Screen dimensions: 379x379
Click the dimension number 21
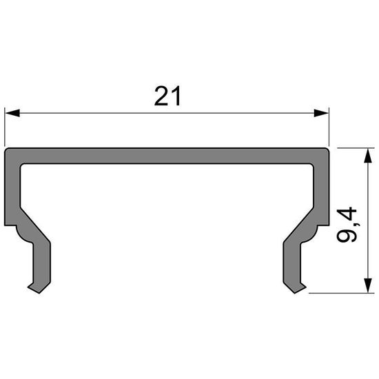point(167,97)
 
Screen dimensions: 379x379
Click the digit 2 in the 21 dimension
point(161,97)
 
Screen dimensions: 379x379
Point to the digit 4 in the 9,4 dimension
point(349,214)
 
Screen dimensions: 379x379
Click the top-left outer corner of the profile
point(6,148)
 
